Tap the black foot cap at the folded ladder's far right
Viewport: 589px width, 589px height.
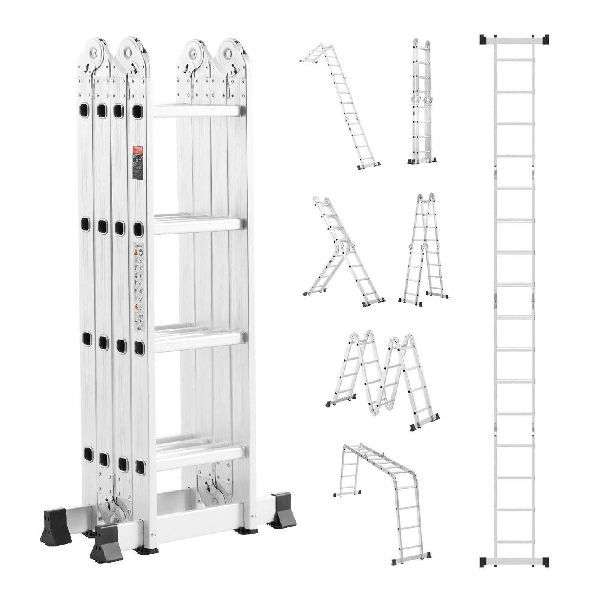pos(281,505)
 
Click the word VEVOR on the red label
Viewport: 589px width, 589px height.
pos(139,149)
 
